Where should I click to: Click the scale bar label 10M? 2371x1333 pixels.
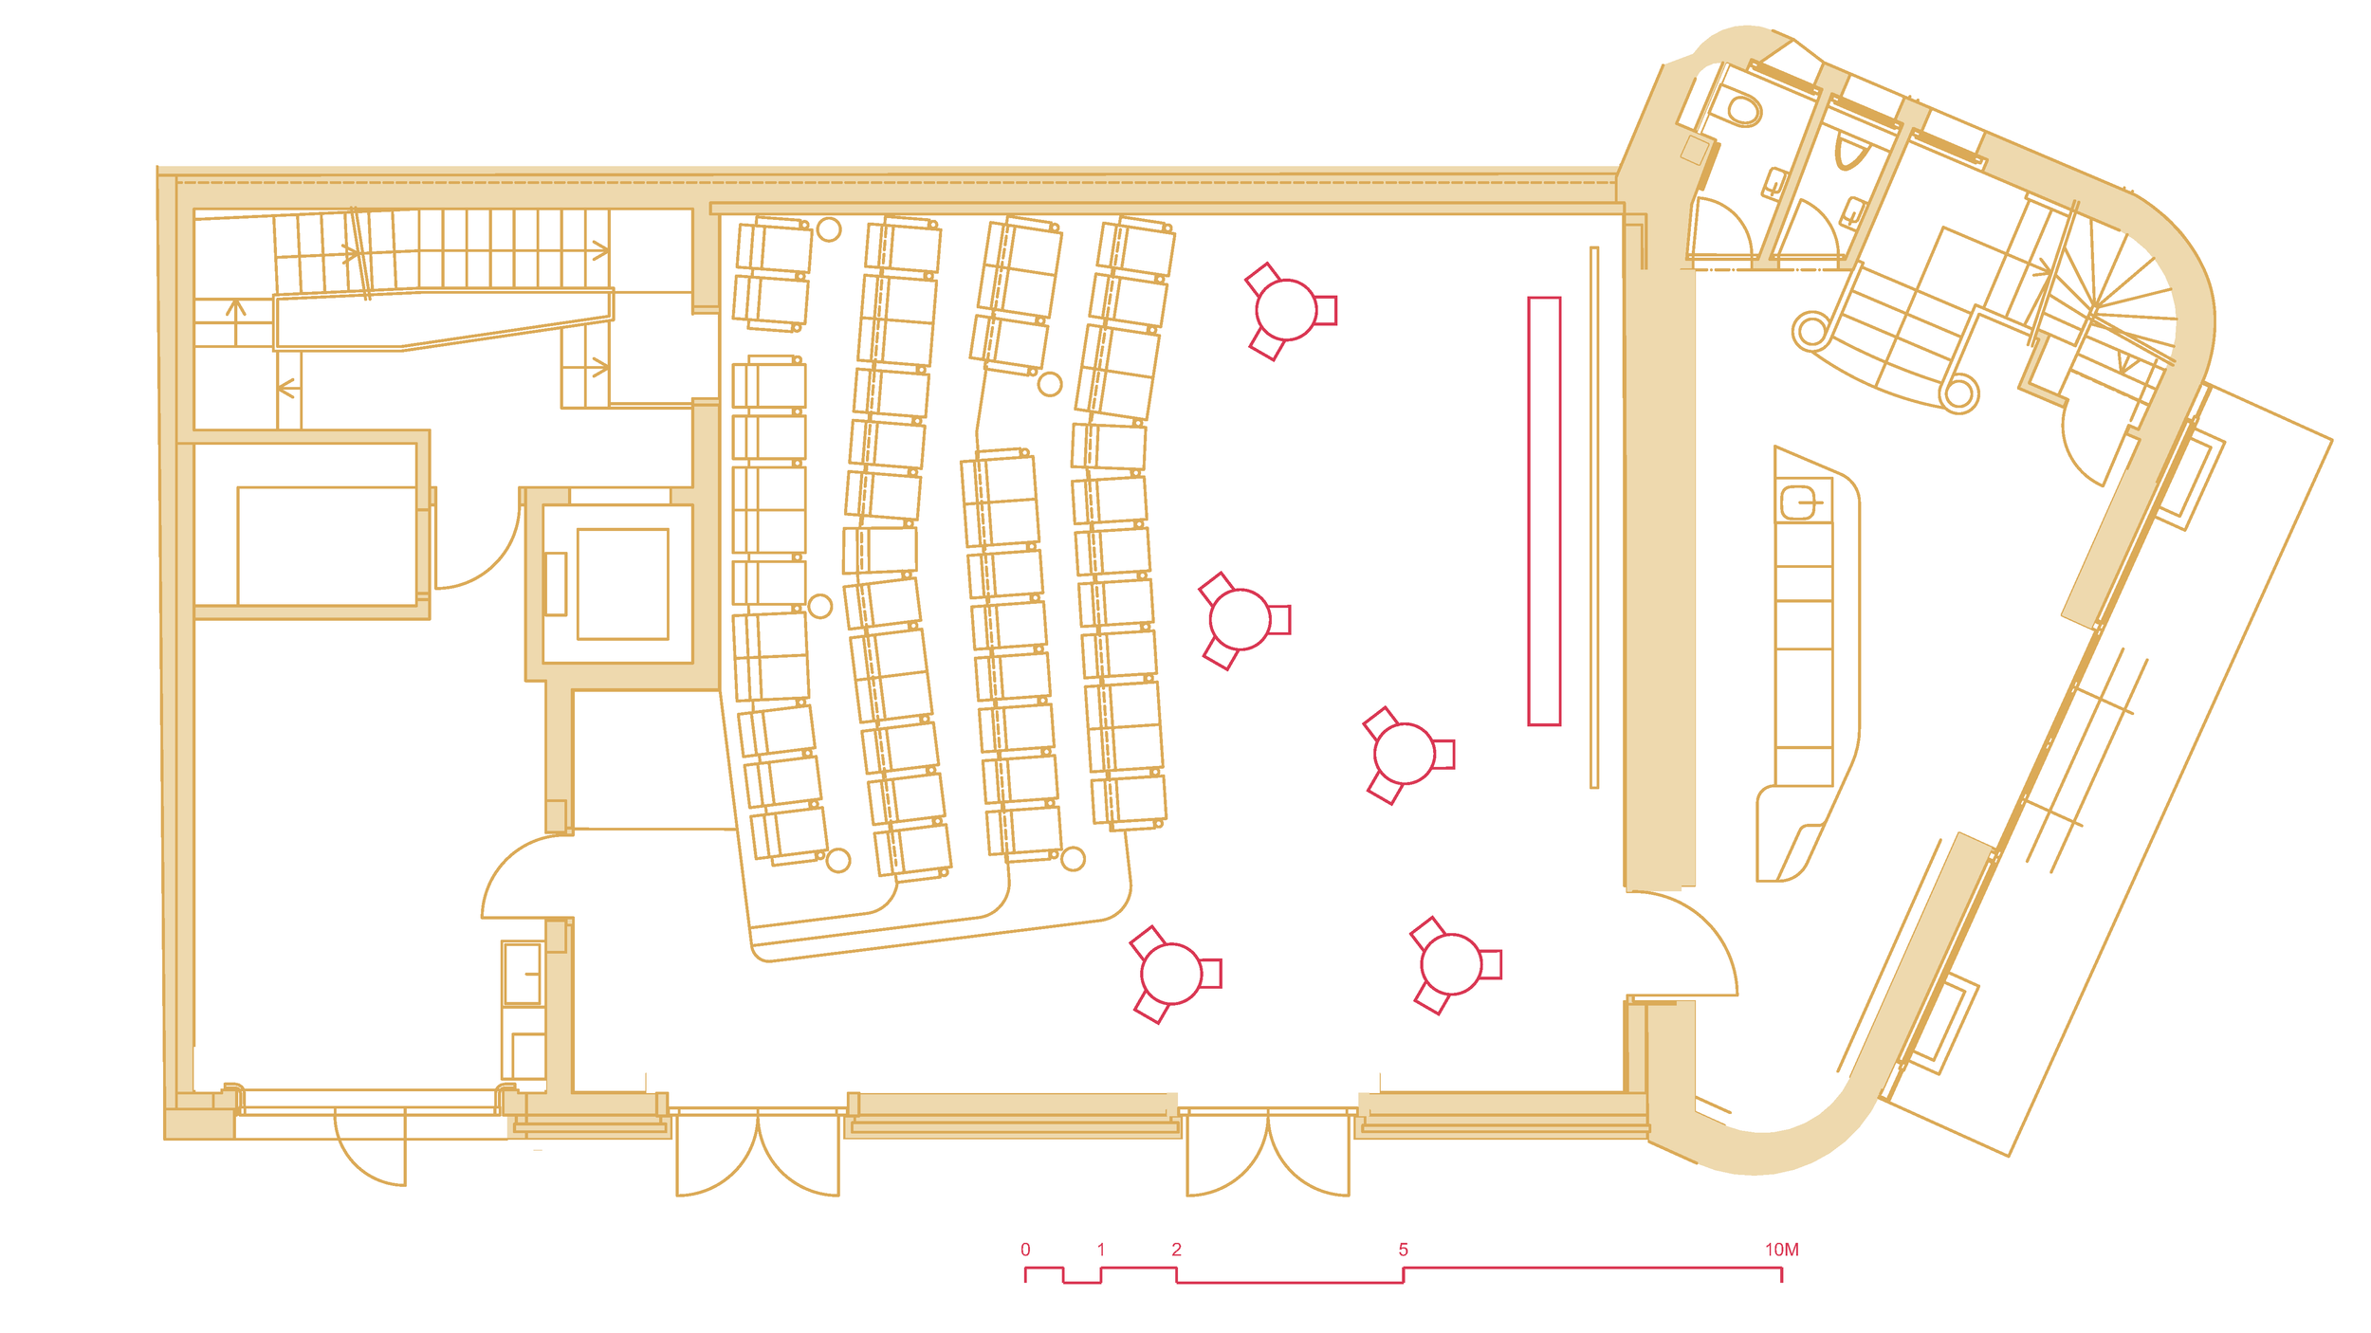pyautogui.click(x=1781, y=1250)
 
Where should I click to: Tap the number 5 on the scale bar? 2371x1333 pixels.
pyautogui.click(x=1403, y=1250)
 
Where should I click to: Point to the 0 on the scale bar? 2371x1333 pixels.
pyautogui.click(x=1025, y=1250)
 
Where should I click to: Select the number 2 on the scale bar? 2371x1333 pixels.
pyautogui.click(x=1176, y=1250)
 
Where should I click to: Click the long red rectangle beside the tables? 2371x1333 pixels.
pyautogui.click(x=1544, y=511)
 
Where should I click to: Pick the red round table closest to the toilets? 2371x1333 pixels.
pyautogui.click(x=1286, y=310)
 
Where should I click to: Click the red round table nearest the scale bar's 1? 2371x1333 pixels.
pyautogui.click(x=1171, y=973)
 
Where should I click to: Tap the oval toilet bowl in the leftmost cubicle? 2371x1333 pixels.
pyautogui.click(x=1741, y=109)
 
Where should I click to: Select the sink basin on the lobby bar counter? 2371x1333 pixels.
pyautogui.click(x=1798, y=502)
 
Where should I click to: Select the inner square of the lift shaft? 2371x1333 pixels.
pyautogui.click(x=623, y=584)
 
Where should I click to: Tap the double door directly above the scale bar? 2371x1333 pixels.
pyautogui.click(x=1268, y=1153)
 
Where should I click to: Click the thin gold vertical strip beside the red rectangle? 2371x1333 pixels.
pyautogui.click(x=1594, y=518)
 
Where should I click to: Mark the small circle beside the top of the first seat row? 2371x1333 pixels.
pyautogui.click(x=829, y=229)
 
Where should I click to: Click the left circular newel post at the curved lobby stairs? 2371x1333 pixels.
pyautogui.click(x=1812, y=331)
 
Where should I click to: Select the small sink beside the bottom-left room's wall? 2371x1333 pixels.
pyautogui.click(x=523, y=974)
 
